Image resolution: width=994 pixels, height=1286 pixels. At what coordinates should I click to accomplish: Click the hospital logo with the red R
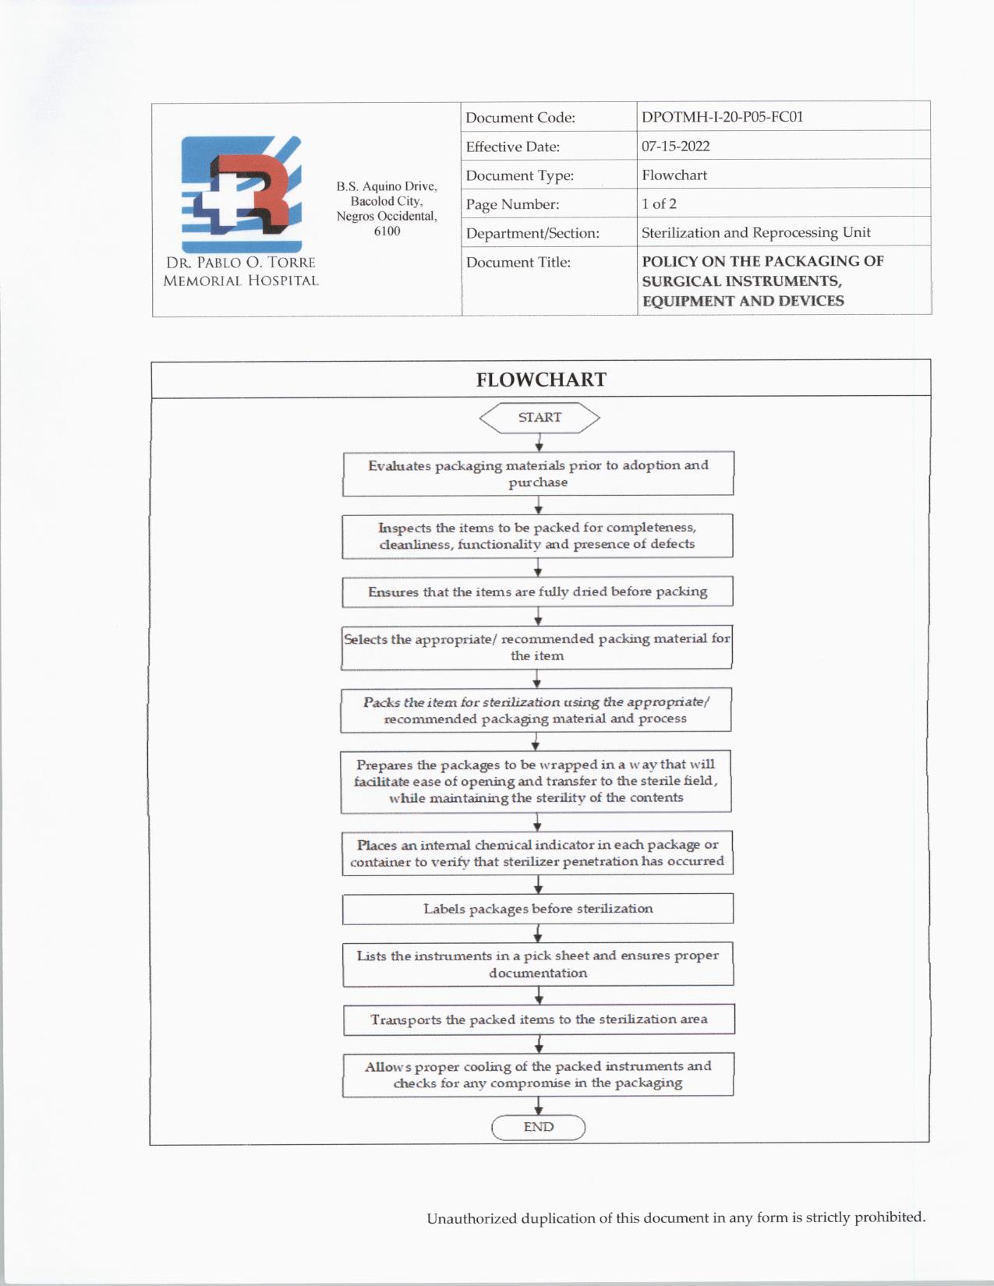click(242, 193)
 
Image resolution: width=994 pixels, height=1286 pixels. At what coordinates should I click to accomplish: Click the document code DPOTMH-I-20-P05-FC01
click(722, 117)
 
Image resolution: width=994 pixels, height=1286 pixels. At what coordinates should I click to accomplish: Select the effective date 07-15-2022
click(675, 146)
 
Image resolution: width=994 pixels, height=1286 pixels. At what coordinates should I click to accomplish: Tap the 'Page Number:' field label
click(512, 204)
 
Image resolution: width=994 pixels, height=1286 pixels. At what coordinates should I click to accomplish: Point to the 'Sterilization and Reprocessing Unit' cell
click(755, 232)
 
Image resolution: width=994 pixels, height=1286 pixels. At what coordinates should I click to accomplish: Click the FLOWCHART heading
click(541, 380)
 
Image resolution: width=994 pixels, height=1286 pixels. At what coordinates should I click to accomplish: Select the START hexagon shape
click(539, 418)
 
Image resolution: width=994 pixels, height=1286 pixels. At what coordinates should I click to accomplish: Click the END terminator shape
click(538, 1127)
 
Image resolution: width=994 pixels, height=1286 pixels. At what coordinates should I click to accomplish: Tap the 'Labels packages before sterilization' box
click(538, 909)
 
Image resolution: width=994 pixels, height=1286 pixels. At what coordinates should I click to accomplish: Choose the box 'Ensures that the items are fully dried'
click(537, 592)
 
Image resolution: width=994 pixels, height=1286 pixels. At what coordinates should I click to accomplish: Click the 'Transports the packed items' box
click(539, 1019)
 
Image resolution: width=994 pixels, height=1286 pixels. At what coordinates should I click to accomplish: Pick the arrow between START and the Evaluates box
click(539, 443)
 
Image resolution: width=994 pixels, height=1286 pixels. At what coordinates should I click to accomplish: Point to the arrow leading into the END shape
click(538, 1106)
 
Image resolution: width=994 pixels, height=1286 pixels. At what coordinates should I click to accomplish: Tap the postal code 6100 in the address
click(387, 231)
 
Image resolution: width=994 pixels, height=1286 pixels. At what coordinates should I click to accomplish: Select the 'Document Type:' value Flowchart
click(674, 175)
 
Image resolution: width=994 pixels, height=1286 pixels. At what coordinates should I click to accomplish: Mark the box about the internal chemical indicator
click(537, 853)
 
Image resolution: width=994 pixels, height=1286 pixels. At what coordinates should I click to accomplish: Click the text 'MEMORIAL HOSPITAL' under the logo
click(241, 281)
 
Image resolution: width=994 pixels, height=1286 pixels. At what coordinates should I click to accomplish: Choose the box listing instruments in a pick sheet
click(538, 964)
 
